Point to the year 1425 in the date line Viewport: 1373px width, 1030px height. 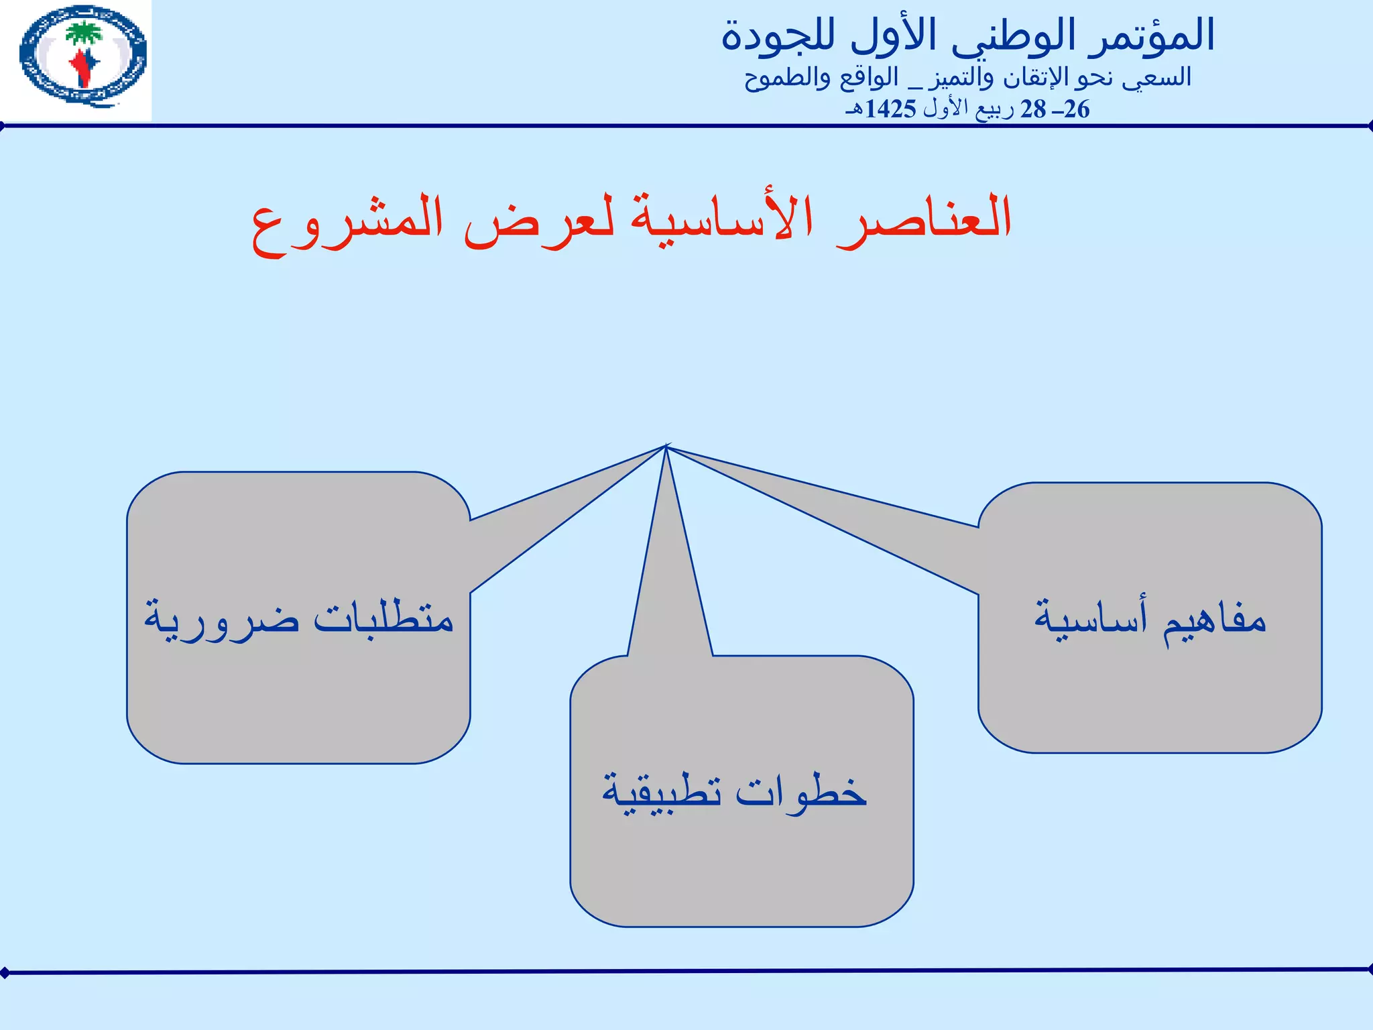(890, 109)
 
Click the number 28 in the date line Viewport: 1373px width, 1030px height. (1033, 109)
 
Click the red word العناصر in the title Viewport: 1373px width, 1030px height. (925, 219)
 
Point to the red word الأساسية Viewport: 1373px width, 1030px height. (721, 219)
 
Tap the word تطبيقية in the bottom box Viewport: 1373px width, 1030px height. (661, 795)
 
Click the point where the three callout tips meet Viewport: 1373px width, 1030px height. (666, 447)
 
